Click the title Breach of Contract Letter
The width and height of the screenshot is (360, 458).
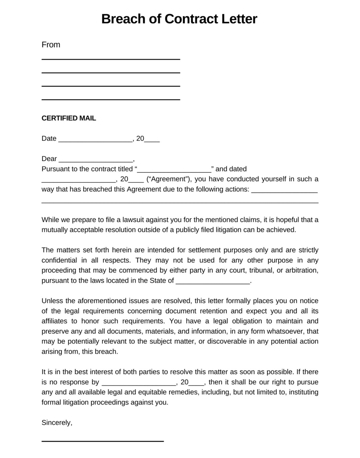tap(179, 19)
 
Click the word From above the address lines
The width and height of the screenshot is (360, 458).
tap(51, 45)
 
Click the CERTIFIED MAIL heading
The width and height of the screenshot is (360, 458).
tap(69, 118)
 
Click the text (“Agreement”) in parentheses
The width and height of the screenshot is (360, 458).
tap(169, 179)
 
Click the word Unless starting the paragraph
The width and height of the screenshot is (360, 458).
tap(51, 301)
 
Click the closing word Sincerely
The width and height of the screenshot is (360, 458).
tap(57, 423)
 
